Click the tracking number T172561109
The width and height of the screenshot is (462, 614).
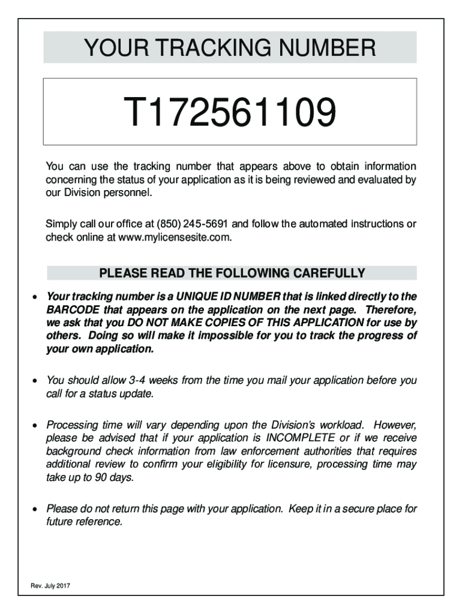click(x=229, y=113)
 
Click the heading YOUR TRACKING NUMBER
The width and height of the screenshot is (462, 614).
click(x=230, y=47)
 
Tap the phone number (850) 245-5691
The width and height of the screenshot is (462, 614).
click(x=193, y=224)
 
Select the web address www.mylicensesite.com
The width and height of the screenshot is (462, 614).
click(x=175, y=237)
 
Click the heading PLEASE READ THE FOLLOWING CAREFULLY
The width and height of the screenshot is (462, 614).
click(x=232, y=274)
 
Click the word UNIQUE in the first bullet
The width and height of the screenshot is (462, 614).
click(x=210, y=297)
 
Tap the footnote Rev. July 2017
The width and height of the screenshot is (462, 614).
click(x=50, y=586)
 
